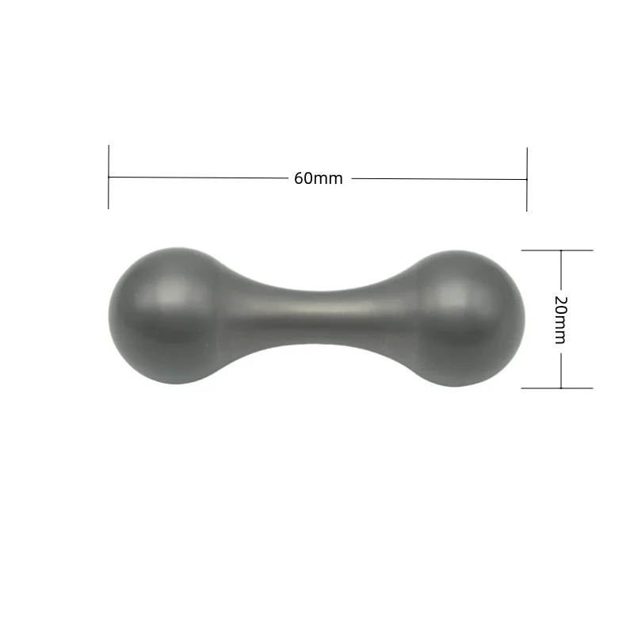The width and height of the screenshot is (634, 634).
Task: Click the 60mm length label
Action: [319, 178]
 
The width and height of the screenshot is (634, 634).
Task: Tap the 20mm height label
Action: [560, 320]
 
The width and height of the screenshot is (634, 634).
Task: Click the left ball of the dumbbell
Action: [170, 315]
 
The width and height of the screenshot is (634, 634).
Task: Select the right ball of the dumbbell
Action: [465, 319]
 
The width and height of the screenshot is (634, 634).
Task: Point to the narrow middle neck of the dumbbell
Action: [319, 318]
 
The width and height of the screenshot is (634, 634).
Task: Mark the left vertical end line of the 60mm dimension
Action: [109, 177]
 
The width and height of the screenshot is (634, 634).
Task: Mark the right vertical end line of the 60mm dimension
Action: [527, 179]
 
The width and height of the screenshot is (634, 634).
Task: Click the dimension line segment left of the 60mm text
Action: [198, 178]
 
